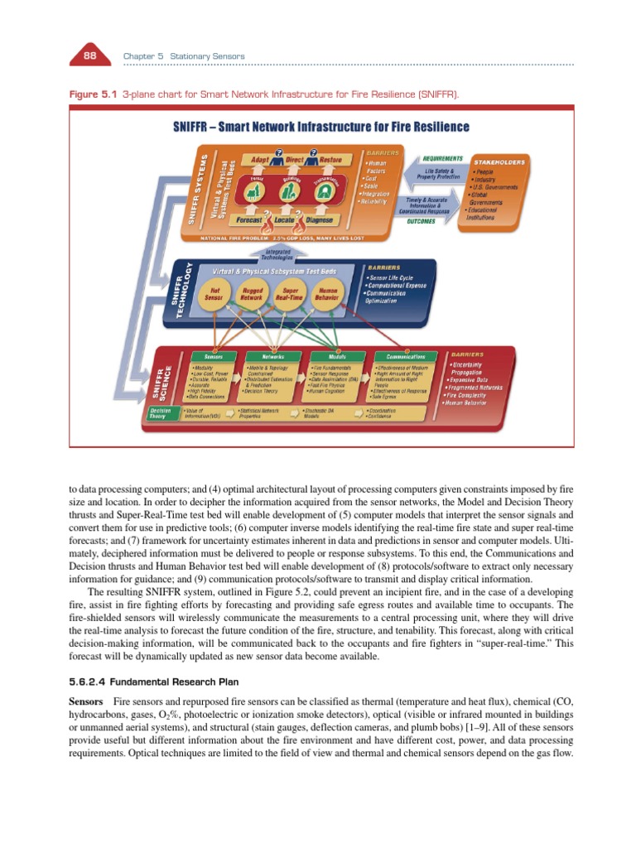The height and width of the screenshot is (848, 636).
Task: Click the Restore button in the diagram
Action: click(x=331, y=158)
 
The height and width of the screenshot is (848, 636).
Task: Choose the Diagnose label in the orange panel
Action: click(x=320, y=220)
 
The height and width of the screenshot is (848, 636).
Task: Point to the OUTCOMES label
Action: click(x=422, y=221)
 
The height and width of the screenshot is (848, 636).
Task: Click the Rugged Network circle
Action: click(x=252, y=296)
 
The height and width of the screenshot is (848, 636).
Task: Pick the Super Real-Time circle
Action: click(x=290, y=296)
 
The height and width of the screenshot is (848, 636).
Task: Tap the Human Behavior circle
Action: click(x=328, y=296)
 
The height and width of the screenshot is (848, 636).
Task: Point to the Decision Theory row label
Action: click(x=159, y=413)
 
